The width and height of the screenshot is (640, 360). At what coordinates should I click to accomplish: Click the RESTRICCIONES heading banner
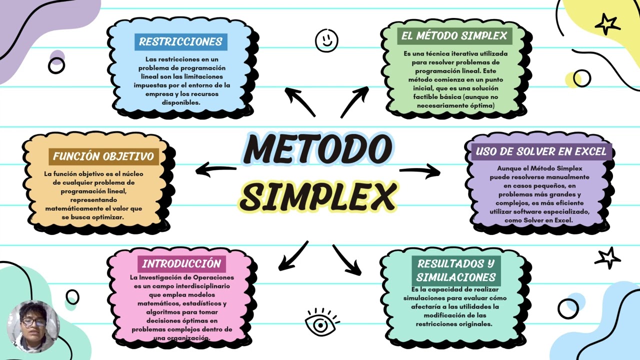(180, 42)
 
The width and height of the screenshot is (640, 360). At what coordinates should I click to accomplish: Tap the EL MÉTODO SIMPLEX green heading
(454, 36)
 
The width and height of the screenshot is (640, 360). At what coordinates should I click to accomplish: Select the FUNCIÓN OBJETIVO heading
(103, 156)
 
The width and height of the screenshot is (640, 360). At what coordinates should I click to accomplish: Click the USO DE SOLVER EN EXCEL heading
(541, 151)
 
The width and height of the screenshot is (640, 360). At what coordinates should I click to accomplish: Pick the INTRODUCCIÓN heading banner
(181, 264)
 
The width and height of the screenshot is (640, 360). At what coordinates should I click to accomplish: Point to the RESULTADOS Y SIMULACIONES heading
(456, 270)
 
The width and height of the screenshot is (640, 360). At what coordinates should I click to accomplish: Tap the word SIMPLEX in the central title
(317, 196)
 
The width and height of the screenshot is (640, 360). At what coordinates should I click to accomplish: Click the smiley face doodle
(326, 40)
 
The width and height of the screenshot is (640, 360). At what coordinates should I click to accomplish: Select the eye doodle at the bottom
(320, 324)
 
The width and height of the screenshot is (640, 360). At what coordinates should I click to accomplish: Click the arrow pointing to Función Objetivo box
(215, 169)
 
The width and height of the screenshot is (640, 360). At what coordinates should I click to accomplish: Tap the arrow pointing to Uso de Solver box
(420, 171)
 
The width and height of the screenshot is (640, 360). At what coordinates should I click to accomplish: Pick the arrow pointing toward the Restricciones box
(299, 101)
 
